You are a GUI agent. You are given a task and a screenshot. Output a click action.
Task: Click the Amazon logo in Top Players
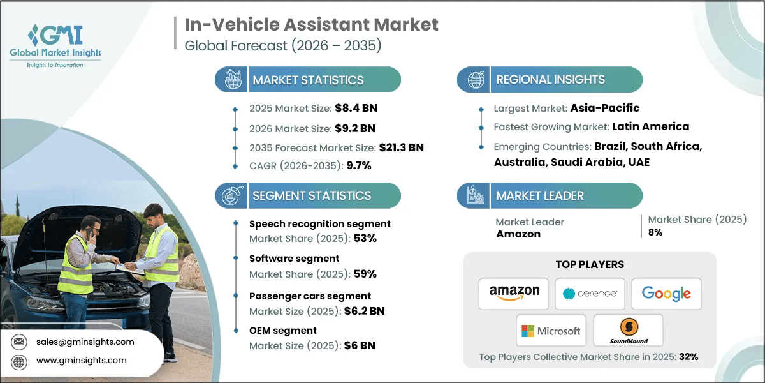point(513,294)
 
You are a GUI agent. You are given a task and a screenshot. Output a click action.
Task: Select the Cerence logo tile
point(590,294)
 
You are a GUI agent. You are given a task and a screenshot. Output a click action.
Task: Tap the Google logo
point(666,294)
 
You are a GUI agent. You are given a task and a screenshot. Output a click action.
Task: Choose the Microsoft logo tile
point(551,331)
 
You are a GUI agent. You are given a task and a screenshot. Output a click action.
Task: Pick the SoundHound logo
point(628,331)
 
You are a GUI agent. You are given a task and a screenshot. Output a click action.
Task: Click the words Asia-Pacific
point(606,108)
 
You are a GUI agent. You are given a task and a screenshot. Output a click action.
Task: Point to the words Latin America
point(650,126)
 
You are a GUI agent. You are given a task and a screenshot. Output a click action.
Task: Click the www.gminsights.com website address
point(81,361)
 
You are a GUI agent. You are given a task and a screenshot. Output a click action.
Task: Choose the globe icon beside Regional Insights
point(475,80)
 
